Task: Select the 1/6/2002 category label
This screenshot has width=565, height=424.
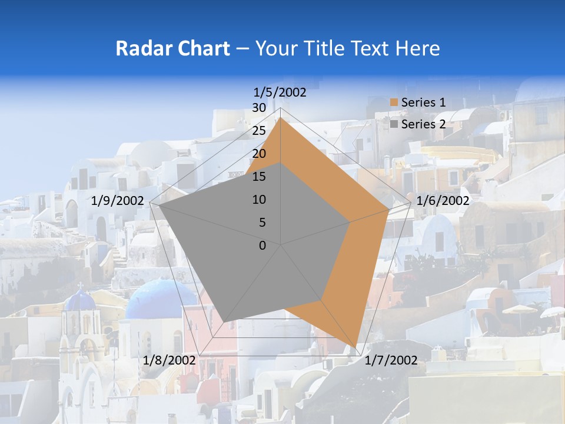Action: (x=443, y=201)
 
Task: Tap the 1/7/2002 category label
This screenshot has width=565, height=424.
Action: (x=391, y=360)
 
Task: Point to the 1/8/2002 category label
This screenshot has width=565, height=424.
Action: (x=169, y=360)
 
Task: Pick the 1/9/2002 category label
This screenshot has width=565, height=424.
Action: (x=118, y=201)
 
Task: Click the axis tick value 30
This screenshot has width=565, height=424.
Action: (x=259, y=108)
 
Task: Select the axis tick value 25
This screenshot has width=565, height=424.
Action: (x=259, y=131)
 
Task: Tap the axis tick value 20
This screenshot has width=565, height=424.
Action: (x=259, y=154)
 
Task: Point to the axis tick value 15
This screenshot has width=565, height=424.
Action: (x=259, y=177)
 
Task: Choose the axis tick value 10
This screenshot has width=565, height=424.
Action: (x=259, y=200)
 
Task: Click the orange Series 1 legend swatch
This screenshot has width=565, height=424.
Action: (x=394, y=102)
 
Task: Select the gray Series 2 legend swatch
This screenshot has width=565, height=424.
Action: (x=394, y=124)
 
